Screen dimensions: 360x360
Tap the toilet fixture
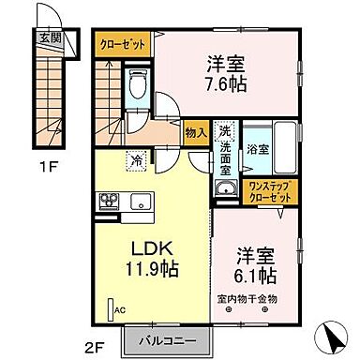(x=137, y=87)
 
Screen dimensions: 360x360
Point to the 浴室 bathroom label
(x=257, y=147)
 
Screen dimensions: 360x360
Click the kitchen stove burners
(x=108, y=201)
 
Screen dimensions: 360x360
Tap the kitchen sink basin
(x=142, y=201)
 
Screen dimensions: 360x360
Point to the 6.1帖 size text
(x=256, y=276)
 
